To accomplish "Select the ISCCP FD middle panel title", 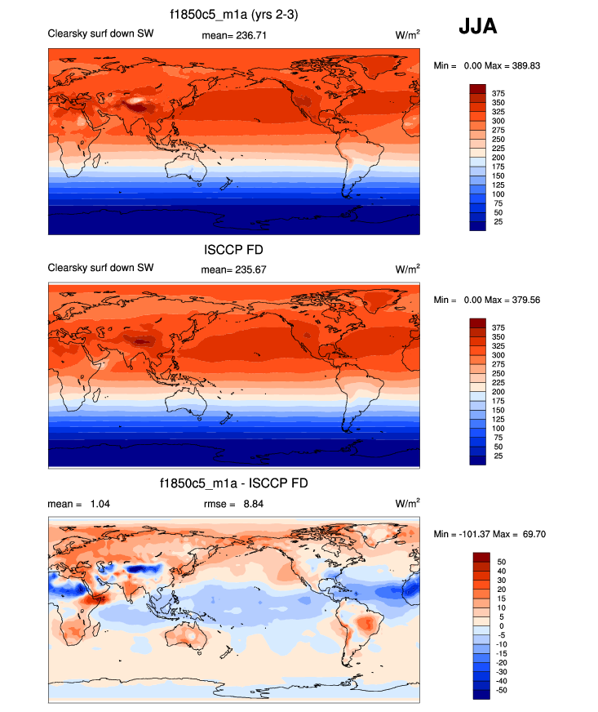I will pos(233,250).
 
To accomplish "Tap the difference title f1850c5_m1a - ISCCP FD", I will pos(234,484).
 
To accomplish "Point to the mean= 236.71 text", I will pos(233,35).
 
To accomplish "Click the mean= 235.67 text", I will pos(233,269).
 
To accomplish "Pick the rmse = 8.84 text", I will pos(233,504).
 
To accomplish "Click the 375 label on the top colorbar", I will pos(497,92).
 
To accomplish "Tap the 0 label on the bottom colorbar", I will pos(501,625).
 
